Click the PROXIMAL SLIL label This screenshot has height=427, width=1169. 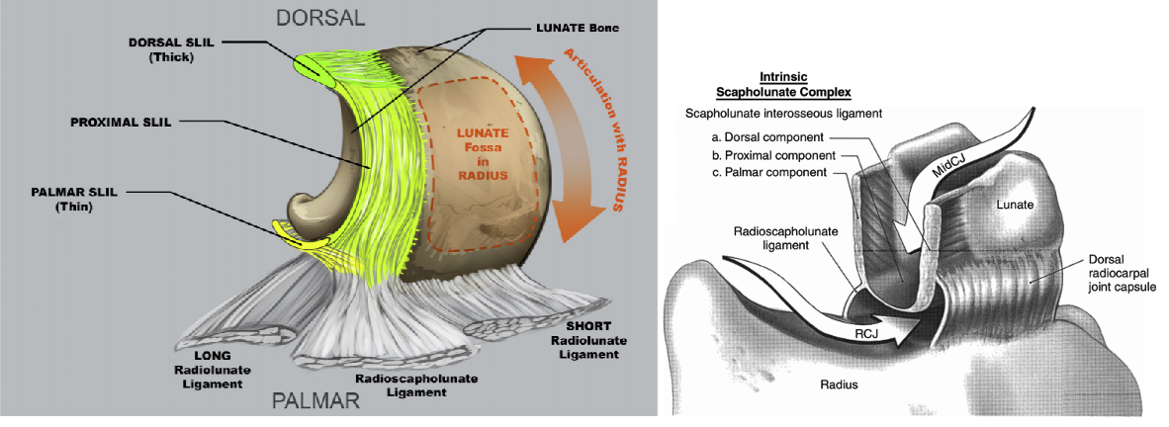pyautogui.click(x=122, y=123)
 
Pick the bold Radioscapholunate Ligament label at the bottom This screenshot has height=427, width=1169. pyautogui.click(x=399, y=385)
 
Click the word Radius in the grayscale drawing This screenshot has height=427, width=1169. pyautogui.click(x=837, y=384)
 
